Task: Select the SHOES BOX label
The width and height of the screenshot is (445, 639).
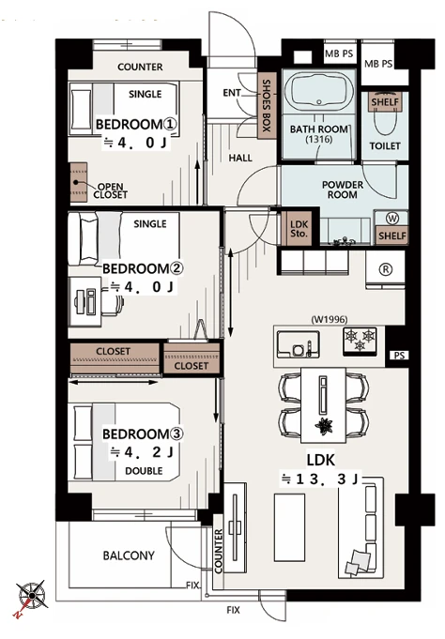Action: click(266, 105)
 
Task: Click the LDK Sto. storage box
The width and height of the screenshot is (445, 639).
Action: click(299, 229)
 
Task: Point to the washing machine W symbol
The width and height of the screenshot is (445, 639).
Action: click(392, 219)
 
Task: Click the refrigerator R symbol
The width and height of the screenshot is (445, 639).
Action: click(386, 269)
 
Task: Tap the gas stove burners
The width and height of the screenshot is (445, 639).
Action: click(360, 341)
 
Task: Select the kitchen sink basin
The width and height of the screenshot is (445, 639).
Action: click(299, 343)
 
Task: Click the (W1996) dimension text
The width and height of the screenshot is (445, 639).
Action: click(330, 319)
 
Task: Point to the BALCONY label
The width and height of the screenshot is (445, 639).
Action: click(129, 555)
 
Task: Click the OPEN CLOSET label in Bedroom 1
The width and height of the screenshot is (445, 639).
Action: click(110, 190)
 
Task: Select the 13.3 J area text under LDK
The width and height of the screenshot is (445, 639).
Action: click(320, 479)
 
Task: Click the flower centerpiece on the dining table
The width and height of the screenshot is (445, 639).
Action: click(324, 426)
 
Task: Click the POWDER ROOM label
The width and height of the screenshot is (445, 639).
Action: click(343, 190)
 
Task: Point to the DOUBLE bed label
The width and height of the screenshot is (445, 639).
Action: click(144, 471)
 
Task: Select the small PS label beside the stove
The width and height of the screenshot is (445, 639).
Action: click(399, 356)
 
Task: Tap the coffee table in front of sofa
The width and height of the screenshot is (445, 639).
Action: click(289, 527)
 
